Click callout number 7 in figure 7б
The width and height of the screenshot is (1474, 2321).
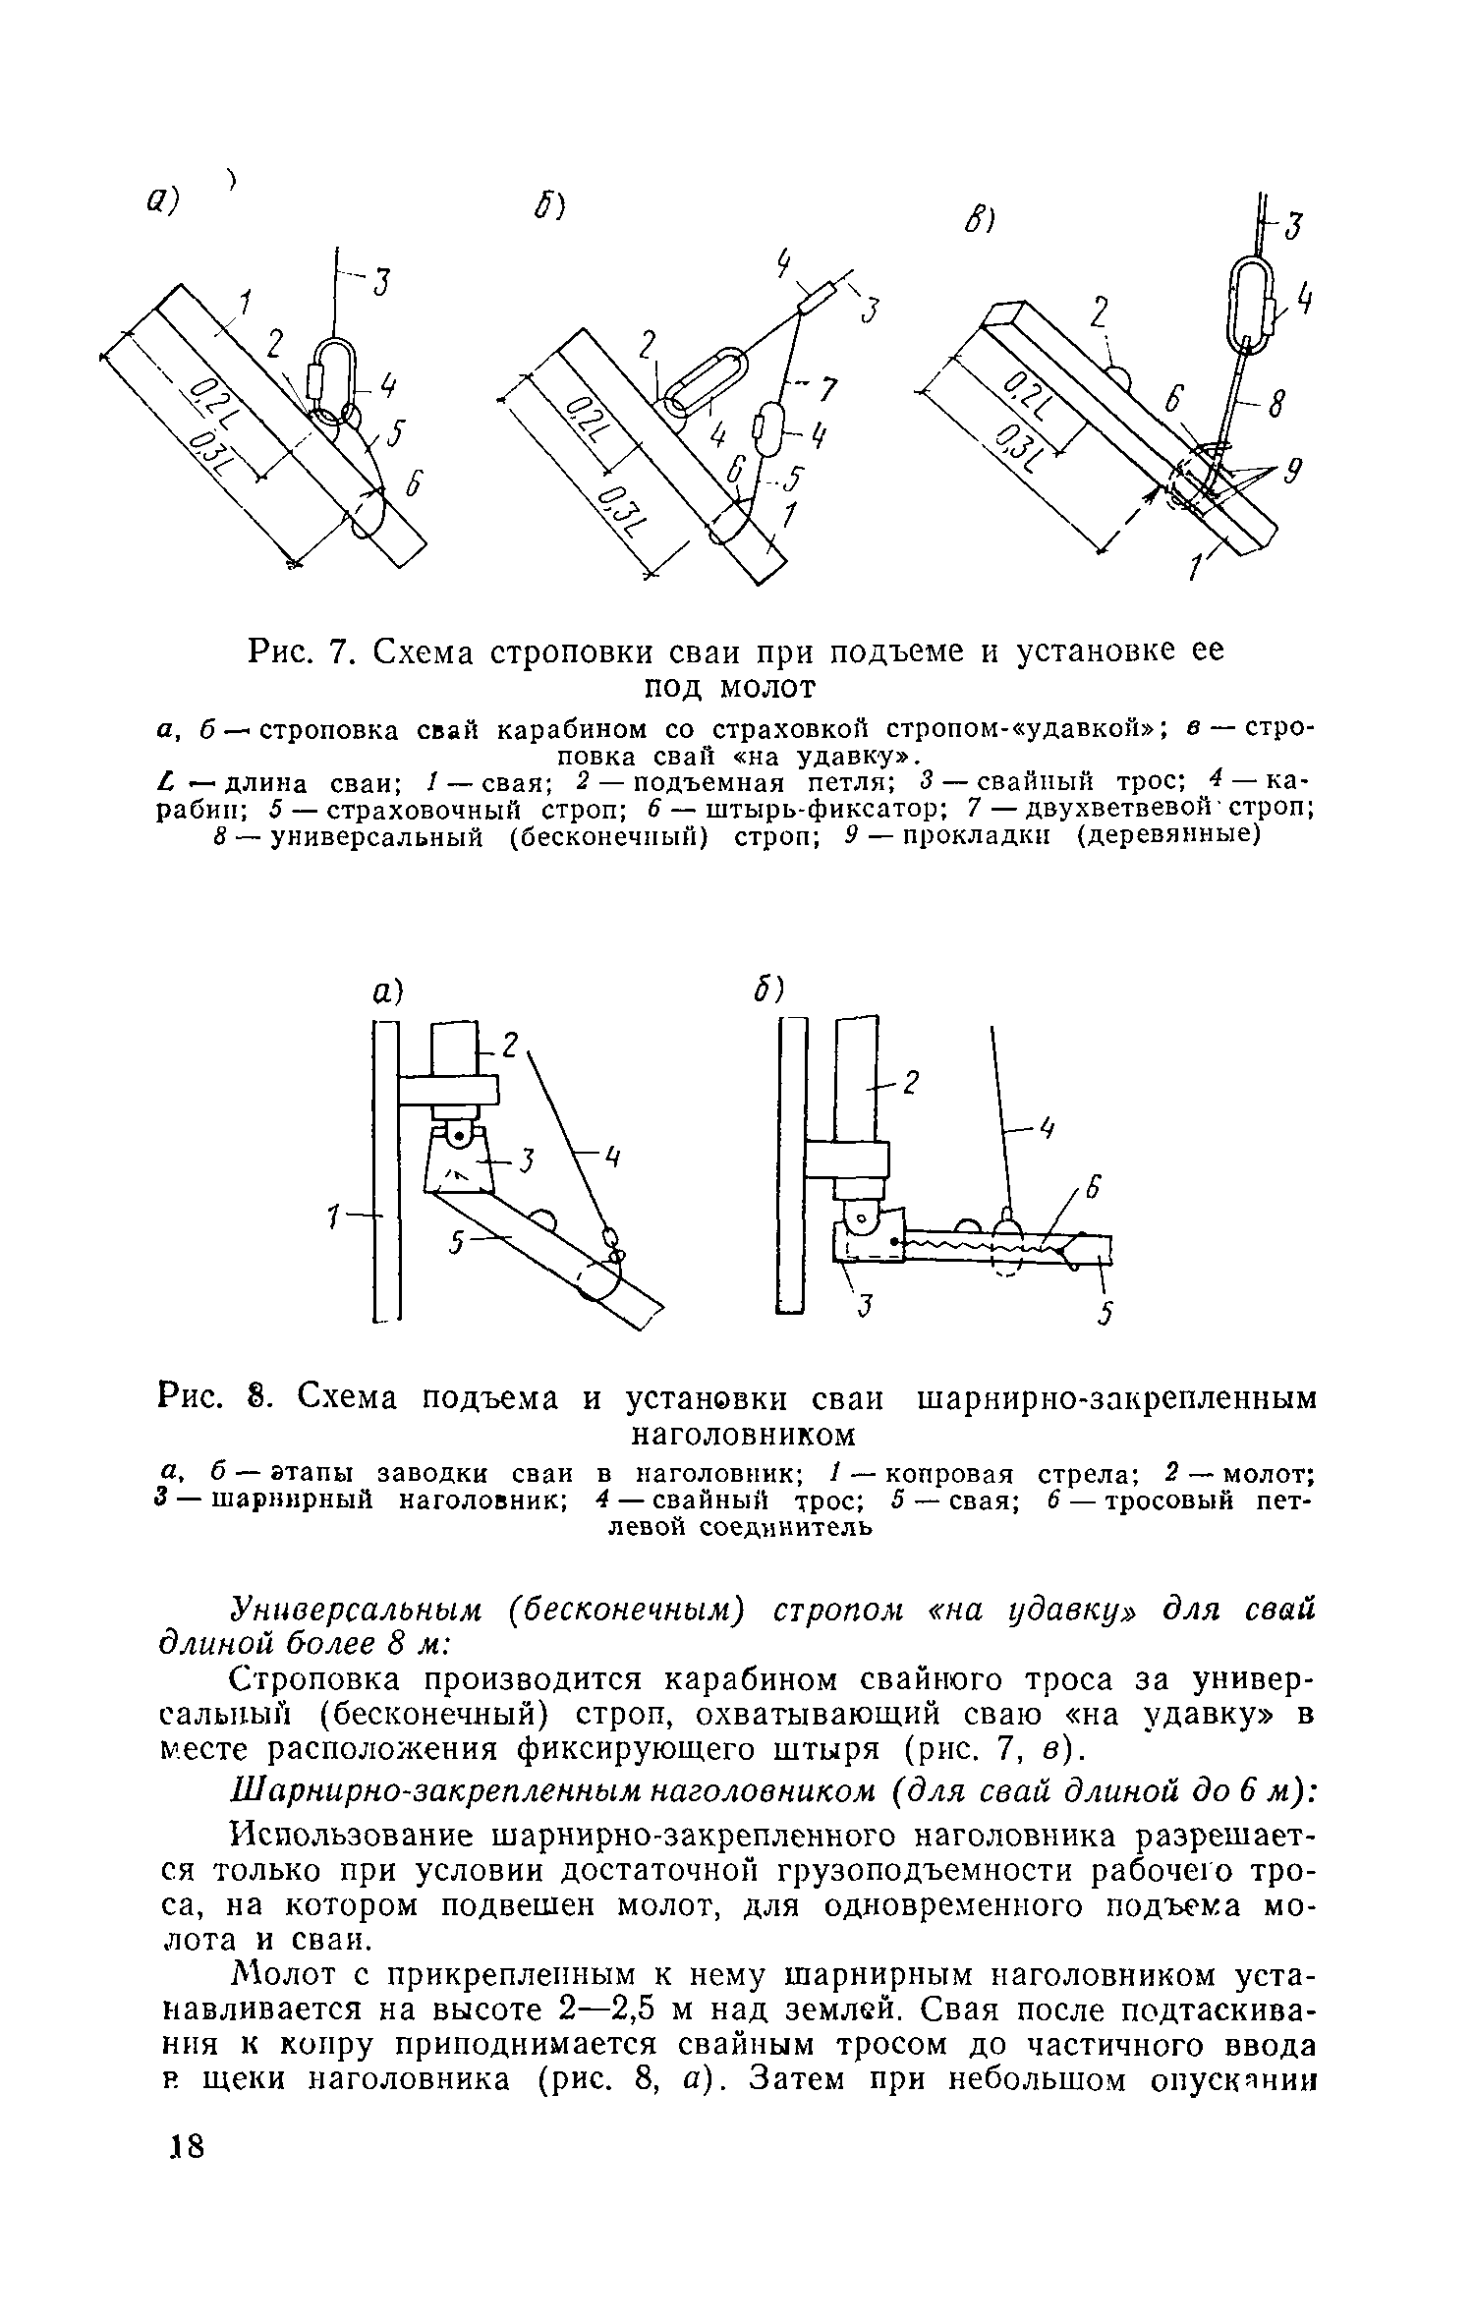click(827, 390)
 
